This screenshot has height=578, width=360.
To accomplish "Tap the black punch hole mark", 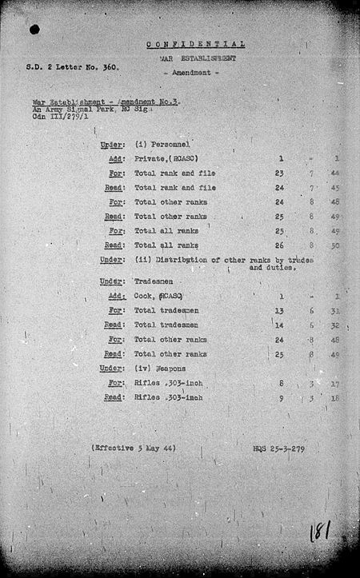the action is [34, 30].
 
